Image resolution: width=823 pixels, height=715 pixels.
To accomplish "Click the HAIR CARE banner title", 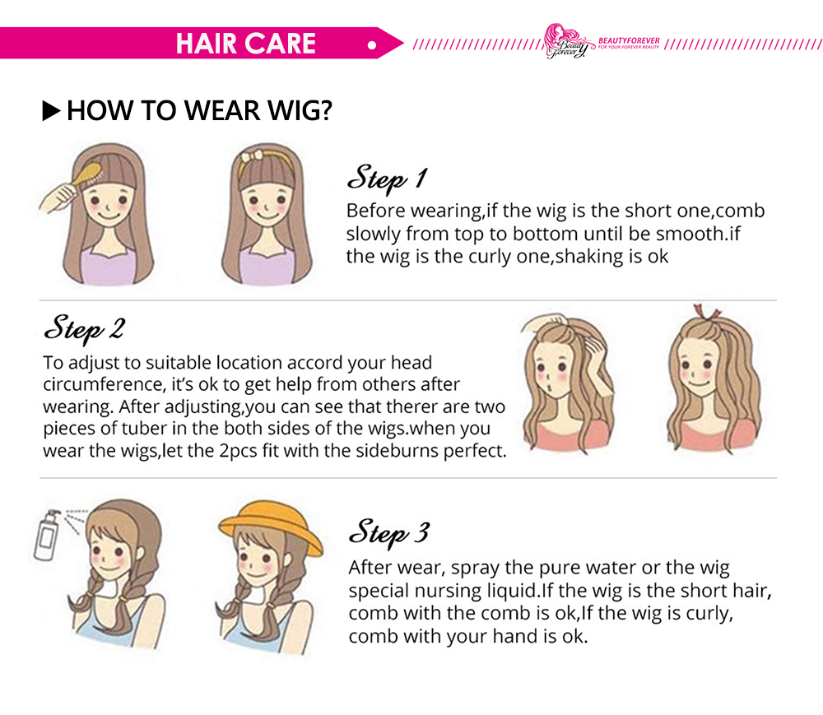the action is (x=245, y=43).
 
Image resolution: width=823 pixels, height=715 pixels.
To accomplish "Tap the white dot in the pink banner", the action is (x=372, y=45).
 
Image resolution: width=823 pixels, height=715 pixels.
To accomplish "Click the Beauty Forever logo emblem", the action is (x=566, y=41).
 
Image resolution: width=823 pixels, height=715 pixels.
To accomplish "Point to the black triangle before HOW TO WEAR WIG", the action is (x=51, y=111).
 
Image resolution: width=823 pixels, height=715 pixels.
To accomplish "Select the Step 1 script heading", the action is (x=387, y=178).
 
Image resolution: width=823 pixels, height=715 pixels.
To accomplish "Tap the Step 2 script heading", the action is (x=84, y=329).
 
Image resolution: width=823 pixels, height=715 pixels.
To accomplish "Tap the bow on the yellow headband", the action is (x=251, y=156).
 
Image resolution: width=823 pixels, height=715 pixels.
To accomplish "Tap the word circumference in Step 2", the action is (x=104, y=384).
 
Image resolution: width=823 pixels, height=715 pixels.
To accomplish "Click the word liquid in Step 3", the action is (x=512, y=591).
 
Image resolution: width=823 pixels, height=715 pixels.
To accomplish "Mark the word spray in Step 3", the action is (x=475, y=569).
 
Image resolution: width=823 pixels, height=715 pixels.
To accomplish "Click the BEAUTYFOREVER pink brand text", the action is (x=629, y=40).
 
